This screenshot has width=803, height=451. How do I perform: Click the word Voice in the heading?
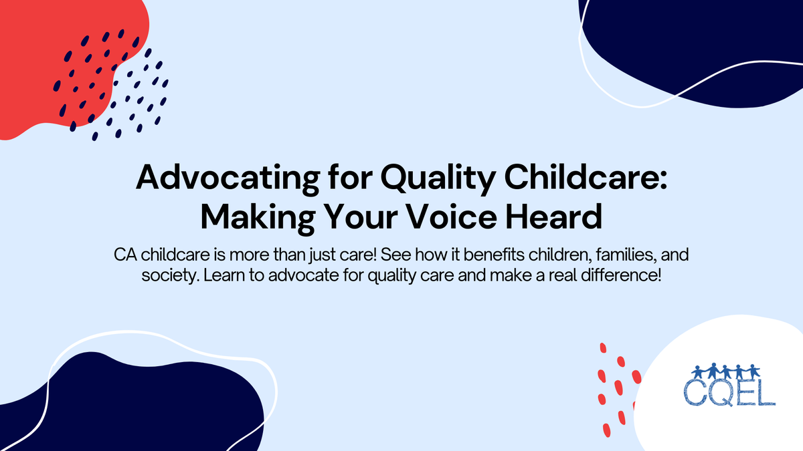[468, 216]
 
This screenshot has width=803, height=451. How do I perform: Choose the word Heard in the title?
[565, 216]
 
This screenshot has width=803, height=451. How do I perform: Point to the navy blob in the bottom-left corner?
[134, 408]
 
